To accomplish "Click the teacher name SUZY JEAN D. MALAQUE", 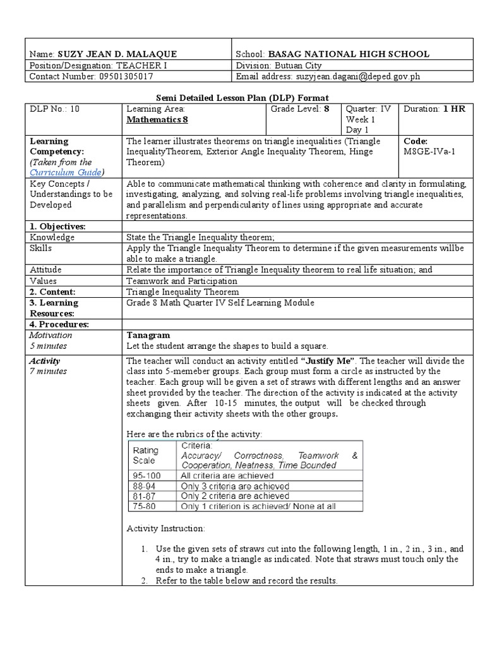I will point(117,54).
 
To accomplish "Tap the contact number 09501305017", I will point(117,76).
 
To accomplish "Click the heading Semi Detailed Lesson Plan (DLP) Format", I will point(242,97).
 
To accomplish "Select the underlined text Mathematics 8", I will point(157,119).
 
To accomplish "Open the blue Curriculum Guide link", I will point(66,172).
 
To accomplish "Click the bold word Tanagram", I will point(148,335).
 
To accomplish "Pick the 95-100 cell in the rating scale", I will point(146,475).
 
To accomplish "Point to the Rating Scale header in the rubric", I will point(145,455).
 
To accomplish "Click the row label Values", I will point(43,280).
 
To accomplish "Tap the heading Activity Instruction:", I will point(165,528).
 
